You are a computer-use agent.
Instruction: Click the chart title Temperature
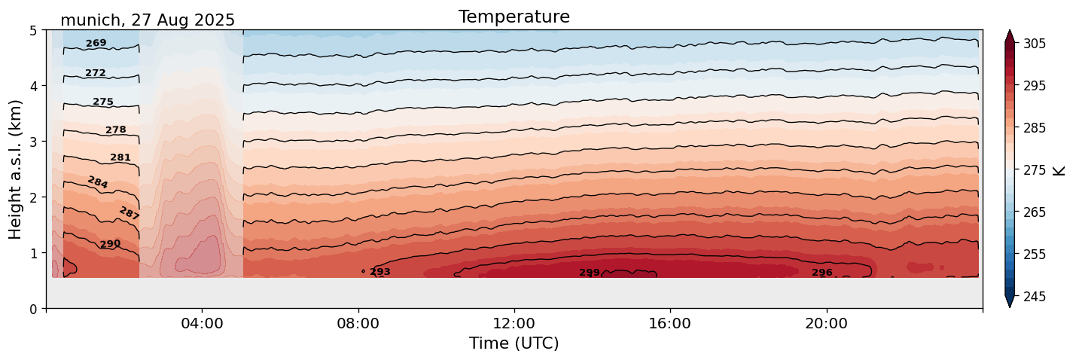tap(514, 17)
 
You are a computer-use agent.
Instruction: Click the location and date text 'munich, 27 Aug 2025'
tap(148, 20)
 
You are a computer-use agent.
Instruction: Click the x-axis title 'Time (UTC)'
tap(514, 343)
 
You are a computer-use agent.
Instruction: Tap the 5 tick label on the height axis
tap(33, 30)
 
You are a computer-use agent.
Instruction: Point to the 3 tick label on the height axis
tap(33, 142)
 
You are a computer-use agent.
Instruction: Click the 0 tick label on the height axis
tap(33, 308)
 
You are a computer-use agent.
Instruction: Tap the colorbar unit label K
tap(1059, 169)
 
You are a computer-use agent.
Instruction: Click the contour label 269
tap(96, 44)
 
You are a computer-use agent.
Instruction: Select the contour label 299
tap(590, 273)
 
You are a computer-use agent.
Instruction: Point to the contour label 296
tap(821, 273)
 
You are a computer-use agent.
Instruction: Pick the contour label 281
tap(120, 158)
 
